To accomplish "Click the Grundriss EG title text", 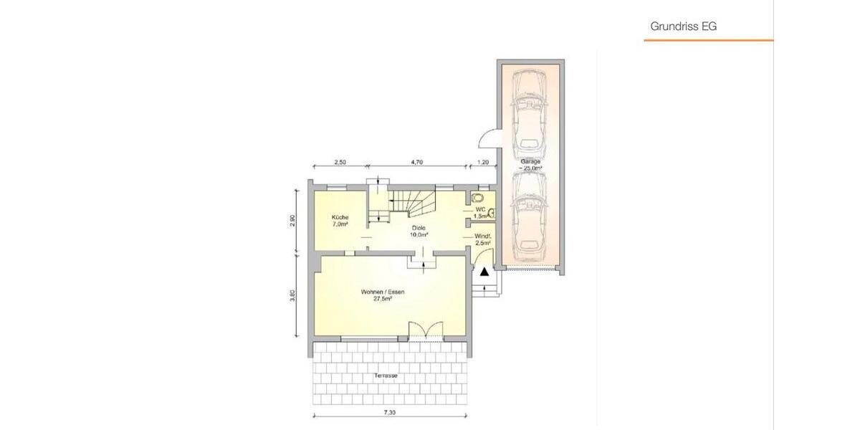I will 683,27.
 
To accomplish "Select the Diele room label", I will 419,231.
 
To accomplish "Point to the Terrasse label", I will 386,376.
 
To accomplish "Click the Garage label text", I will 531,165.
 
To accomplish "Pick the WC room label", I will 480,211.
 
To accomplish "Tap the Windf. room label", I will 482,239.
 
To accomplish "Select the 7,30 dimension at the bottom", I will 390,413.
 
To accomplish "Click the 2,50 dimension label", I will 340,163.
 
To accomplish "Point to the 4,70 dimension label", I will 417,163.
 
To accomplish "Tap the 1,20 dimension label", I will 483,163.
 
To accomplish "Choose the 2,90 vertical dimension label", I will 292,220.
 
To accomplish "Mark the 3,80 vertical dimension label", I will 292,295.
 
